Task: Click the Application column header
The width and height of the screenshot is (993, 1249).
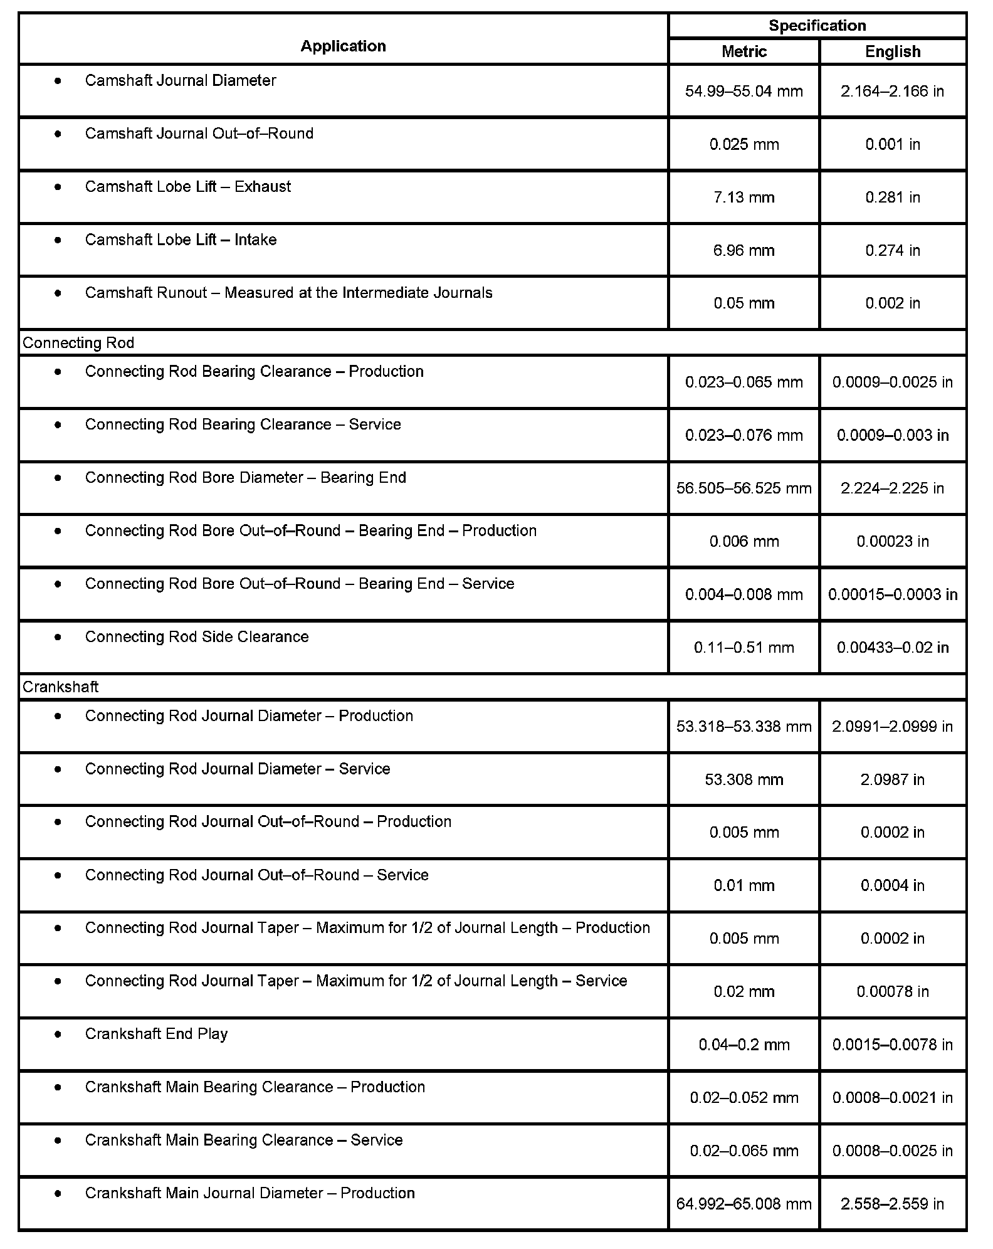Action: tap(343, 46)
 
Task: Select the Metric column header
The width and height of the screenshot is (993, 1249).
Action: tap(743, 51)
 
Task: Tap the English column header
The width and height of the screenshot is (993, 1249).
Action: tap(893, 51)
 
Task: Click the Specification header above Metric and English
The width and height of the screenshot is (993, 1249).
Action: tap(817, 26)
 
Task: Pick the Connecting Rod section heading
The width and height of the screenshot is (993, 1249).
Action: tap(78, 343)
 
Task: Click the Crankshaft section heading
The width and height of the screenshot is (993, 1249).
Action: tap(61, 687)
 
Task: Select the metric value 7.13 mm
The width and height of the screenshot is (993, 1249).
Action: tap(743, 198)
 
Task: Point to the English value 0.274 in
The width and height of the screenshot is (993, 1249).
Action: tap(893, 251)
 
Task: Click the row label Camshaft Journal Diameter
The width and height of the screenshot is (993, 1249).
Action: tap(181, 80)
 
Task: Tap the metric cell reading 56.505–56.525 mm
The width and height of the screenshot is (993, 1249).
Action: tap(743, 488)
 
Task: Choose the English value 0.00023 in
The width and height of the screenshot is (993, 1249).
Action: tap(893, 542)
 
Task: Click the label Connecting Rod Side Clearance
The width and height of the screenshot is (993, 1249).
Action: tap(197, 637)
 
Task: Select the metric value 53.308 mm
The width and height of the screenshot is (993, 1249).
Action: tap(743, 779)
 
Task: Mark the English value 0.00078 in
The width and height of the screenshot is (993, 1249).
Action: tap(893, 992)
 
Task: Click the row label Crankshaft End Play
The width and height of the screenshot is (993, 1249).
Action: tap(156, 1034)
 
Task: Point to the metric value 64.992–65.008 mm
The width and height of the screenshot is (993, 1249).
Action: tap(743, 1204)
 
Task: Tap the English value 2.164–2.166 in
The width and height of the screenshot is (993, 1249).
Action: tap(893, 92)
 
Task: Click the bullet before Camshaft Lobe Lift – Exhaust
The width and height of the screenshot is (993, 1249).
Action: tap(58, 187)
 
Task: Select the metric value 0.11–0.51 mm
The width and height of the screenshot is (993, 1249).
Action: tap(743, 648)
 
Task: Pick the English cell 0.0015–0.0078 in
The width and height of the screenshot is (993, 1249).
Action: tap(893, 1045)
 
